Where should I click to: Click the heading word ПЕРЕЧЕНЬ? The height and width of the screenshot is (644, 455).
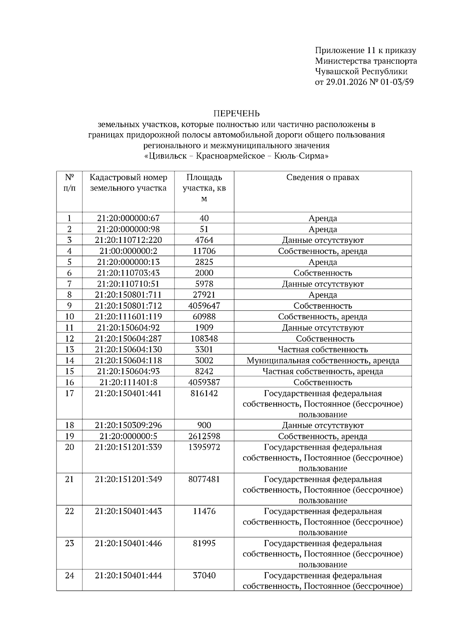pyautogui.click(x=236, y=113)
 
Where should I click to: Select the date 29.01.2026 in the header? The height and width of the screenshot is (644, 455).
pyautogui.click(x=347, y=82)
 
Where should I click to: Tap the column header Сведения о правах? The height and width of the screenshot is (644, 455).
pyautogui.click(x=323, y=178)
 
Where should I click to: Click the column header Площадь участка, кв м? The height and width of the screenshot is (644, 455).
pyautogui.click(x=204, y=188)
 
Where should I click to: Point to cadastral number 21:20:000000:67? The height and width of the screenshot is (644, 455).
pyautogui.click(x=128, y=218)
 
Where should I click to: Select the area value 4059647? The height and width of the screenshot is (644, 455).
pyautogui.click(x=204, y=306)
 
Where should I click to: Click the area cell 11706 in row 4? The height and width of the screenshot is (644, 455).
pyautogui.click(x=204, y=251)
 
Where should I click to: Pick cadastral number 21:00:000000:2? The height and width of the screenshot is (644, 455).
pyautogui.click(x=128, y=251)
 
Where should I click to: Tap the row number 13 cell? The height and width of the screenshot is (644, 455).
pyautogui.click(x=69, y=350)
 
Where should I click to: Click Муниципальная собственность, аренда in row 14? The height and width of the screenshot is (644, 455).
pyautogui.click(x=323, y=361)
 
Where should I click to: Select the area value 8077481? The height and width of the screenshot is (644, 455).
pyautogui.click(x=204, y=479)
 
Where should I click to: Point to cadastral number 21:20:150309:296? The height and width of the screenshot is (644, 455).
pyautogui.click(x=128, y=425)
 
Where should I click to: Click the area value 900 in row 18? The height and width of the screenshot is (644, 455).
pyautogui.click(x=204, y=425)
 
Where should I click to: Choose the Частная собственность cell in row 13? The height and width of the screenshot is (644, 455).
pyautogui.click(x=323, y=350)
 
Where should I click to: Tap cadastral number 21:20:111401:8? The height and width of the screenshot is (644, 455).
pyautogui.click(x=128, y=383)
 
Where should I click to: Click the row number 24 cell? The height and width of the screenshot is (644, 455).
pyautogui.click(x=69, y=576)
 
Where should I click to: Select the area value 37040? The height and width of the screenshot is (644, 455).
pyautogui.click(x=204, y=576)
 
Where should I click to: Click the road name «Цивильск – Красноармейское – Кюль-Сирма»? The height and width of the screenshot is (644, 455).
pyautogui.click(x=236, y=156)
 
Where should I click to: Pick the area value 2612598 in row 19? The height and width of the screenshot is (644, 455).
pyautogui.click(x=204, y=436)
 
